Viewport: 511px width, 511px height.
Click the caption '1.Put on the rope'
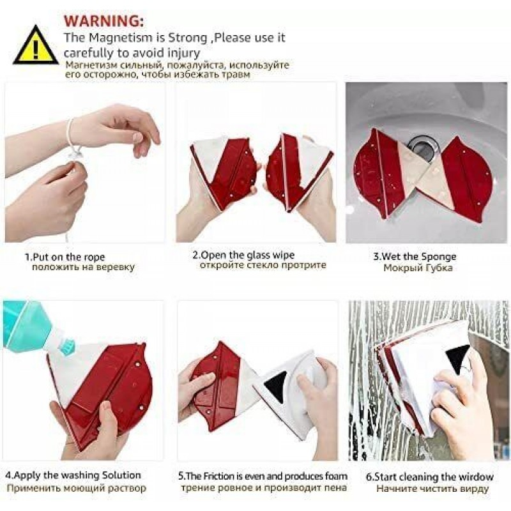tap(65, 257)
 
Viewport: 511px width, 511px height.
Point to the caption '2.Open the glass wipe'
tap(243, 255)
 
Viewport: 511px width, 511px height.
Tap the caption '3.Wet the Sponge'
tap(415, 257)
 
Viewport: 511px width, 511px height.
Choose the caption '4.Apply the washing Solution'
tap(73, 475)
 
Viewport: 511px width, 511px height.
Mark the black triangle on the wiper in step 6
tap(457, 358)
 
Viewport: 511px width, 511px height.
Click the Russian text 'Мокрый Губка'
tap(418, 268)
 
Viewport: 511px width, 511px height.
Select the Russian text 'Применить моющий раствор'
tap(76, 489)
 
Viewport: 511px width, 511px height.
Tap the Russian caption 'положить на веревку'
tap(83, 268)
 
